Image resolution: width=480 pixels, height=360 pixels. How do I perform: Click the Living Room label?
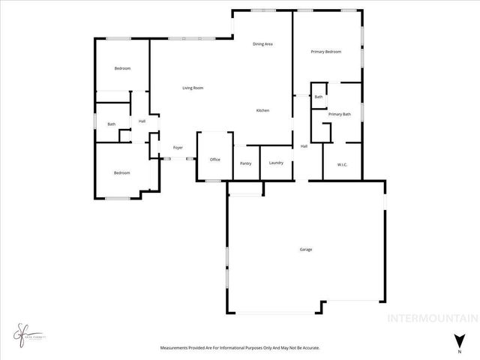click(193, 88)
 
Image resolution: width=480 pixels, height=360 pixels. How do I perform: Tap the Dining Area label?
click(262, 44)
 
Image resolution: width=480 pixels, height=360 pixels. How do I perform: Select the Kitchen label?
click(262, 111)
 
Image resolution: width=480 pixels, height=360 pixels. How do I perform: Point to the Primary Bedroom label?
click(326, 52)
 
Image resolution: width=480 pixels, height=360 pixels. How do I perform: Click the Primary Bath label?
click(340, 114)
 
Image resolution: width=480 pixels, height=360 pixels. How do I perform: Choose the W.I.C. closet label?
click(342, 164)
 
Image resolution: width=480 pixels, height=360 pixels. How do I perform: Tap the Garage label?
click(306, 249)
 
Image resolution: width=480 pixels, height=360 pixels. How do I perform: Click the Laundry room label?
click(275, 163)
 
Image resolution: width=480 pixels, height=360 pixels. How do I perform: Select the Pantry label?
click(245, 164)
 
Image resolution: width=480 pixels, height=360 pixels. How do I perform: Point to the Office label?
click(214, 159)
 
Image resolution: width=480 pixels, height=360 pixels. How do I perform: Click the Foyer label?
click(178, 148)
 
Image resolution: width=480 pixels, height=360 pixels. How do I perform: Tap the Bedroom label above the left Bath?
click(122, 69)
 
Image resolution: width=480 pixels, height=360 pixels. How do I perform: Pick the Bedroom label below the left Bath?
click(121, 173)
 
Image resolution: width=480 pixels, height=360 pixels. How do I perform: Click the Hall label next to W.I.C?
click(304, 146)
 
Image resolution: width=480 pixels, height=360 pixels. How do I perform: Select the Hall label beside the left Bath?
click(142, 121)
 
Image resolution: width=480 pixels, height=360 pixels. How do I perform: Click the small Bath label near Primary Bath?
click(319, 97)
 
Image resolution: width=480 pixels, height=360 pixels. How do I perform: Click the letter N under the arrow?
click(459, 350)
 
